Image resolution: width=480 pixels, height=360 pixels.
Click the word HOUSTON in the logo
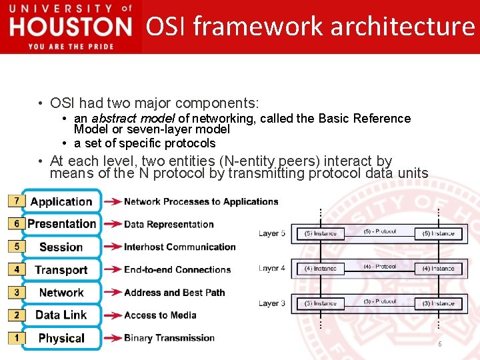pos(71,27)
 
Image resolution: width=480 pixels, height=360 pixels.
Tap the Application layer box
pos(61,201)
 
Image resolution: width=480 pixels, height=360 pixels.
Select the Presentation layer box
pos(61,224)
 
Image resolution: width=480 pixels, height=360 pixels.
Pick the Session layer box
pos(61,247)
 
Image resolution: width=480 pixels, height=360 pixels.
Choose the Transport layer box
pos(61,270)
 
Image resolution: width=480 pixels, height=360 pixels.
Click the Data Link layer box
pos(61,315)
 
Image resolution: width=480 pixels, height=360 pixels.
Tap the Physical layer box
pos(61,338)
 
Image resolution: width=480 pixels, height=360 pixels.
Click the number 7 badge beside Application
pos(15,201)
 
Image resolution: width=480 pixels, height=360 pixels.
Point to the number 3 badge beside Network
pos(15,292)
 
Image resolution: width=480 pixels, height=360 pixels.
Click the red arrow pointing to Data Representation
pos(113,225)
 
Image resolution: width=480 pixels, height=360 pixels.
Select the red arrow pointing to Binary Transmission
pos(113,338)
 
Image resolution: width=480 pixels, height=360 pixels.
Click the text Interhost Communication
pos(179,247)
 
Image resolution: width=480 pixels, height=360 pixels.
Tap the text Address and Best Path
pos(174,292)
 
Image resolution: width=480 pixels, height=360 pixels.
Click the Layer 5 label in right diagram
pos(272,233)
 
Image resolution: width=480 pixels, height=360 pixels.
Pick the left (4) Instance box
pos(321,269)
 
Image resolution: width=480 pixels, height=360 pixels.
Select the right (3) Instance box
pos(438,303)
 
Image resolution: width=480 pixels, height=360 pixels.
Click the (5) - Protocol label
pos(380,232)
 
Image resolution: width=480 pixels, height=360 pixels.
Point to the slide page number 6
pos(439,344)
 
